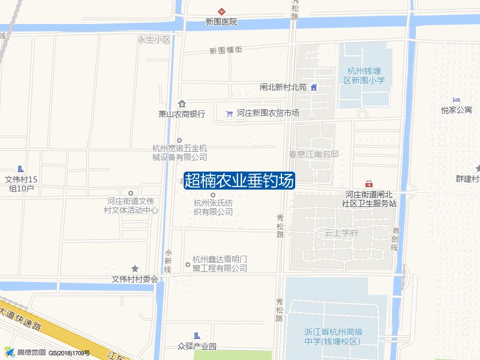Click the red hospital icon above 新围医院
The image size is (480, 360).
221,11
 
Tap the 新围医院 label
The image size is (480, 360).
221,22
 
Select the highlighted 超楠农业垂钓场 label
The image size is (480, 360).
239,180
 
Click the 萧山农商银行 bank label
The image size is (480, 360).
182,114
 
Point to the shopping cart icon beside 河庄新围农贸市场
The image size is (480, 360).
229,113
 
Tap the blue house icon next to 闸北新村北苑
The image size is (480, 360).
313,87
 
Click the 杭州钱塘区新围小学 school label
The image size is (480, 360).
364,76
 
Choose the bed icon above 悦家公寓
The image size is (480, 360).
457,100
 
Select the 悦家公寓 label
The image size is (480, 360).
457,110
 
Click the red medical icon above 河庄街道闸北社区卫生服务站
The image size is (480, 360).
369,184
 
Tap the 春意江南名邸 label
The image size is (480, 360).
314,154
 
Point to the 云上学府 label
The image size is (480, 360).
341,233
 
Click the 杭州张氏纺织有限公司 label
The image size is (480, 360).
213,207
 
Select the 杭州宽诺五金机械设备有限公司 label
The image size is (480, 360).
179,152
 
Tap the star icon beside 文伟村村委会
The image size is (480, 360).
135,268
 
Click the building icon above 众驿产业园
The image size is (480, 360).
196,335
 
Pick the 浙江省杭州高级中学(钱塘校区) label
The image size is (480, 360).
333,337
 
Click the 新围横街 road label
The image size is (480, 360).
226,50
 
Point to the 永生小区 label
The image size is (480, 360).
154,40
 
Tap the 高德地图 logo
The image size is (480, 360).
24,352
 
